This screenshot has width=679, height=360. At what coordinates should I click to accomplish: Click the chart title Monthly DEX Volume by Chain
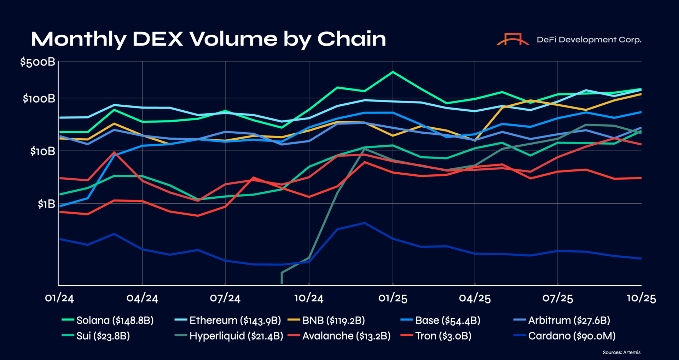tap(208, 39)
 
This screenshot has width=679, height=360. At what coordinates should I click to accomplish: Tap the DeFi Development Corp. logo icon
tap(513, 39)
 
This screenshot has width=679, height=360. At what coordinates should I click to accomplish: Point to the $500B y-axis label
tap(37, 62)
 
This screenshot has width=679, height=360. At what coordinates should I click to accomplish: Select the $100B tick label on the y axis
tap(39, 99)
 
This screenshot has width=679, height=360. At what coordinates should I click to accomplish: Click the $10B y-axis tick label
tap(42, 151)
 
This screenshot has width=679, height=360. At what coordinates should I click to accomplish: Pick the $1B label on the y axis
tap(46, 204)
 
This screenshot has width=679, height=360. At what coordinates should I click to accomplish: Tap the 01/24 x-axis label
tap(59, 298)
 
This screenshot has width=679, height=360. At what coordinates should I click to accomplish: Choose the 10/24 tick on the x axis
tap(309, 298)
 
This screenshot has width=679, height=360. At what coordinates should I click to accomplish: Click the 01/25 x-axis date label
tap(393, 298)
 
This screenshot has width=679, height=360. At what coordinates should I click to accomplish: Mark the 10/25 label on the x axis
tap(641, 298)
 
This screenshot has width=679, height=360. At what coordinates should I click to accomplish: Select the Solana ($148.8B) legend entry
tap(108, 320)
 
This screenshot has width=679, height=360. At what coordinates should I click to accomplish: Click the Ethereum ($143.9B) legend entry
tap(228, 320)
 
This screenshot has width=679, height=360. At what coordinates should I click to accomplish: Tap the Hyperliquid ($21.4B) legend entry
tap(229, 336)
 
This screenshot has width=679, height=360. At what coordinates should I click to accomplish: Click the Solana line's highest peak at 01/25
tap(393, 72)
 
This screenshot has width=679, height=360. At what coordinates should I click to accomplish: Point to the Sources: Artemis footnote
tap(621, 352)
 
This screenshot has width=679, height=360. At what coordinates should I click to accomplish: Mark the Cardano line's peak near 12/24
tap(365, 223)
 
